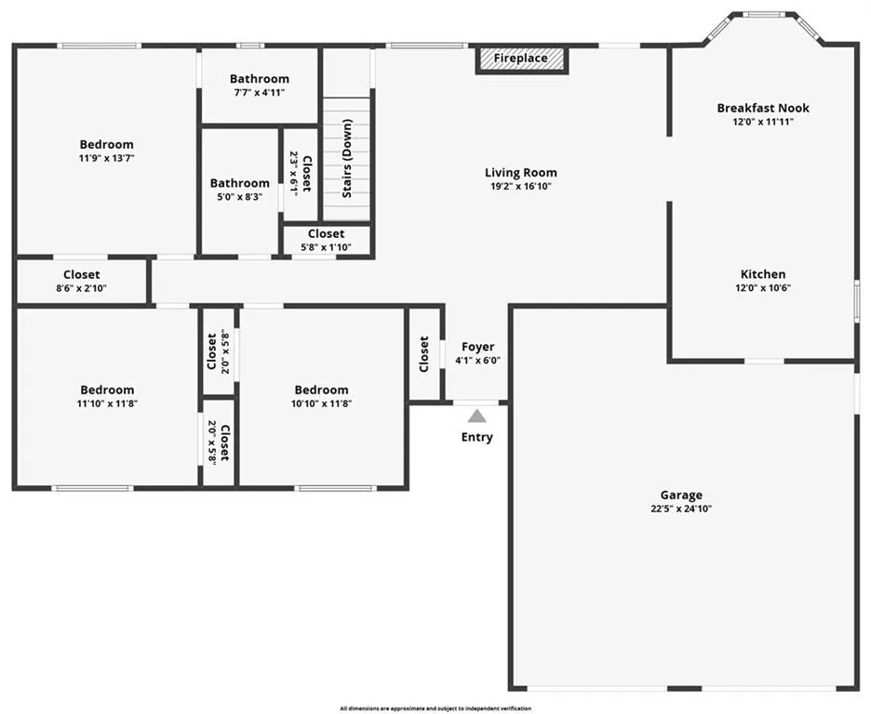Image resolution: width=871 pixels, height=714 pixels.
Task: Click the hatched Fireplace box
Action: click(522, 59)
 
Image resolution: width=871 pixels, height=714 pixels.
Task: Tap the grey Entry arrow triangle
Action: click(476, 416)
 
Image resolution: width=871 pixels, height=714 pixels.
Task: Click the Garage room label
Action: click(681, 495)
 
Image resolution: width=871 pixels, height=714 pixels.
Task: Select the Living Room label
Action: click(520, 173)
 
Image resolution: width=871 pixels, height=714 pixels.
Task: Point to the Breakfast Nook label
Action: click(763, 108)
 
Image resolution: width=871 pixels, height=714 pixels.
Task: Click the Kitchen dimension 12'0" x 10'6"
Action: click(763, 288)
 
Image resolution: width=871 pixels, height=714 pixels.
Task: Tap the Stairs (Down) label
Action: click(348, 158)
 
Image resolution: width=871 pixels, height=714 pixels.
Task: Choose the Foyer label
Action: click(477, 347)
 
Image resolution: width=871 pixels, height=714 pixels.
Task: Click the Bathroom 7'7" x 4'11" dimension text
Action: click(260, 93)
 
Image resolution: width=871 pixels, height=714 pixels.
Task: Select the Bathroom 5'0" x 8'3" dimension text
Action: click(239, 196)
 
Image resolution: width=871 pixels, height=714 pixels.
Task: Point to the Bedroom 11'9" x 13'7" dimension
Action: click(107, 158)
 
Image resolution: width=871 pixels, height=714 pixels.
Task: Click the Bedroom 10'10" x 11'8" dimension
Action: click(321, 403)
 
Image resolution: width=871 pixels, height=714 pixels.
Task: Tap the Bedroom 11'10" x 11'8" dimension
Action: click(107, 403)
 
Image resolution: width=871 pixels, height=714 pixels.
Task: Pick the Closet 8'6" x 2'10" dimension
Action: click(81, 288)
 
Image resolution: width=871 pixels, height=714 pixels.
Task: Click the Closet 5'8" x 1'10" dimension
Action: click(326, 247)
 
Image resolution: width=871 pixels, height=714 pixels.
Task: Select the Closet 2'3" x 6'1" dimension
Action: click(294, 172)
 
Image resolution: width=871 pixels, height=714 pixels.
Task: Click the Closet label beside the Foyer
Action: click(423, 354)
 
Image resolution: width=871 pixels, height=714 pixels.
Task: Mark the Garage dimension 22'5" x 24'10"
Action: click(681, 509)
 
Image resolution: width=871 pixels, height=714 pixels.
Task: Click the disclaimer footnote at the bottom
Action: click(435, 708)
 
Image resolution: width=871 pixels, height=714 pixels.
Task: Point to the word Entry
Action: click(476, 437)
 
